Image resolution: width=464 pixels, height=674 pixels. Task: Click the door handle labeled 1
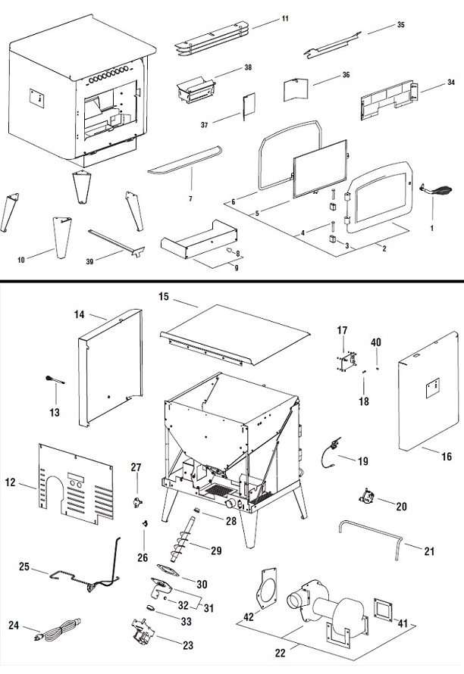437,189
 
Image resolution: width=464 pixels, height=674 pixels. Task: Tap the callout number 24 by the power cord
14,625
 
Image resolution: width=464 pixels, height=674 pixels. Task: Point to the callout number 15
164,297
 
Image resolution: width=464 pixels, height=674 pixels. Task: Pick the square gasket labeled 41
384,609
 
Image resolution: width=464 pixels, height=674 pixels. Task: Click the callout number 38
247,67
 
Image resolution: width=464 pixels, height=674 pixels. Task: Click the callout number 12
11,482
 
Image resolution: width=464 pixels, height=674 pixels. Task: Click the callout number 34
450,82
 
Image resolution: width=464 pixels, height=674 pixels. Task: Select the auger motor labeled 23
145,630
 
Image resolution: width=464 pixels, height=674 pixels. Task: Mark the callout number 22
281,653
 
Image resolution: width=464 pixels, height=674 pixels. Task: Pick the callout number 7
190,198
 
